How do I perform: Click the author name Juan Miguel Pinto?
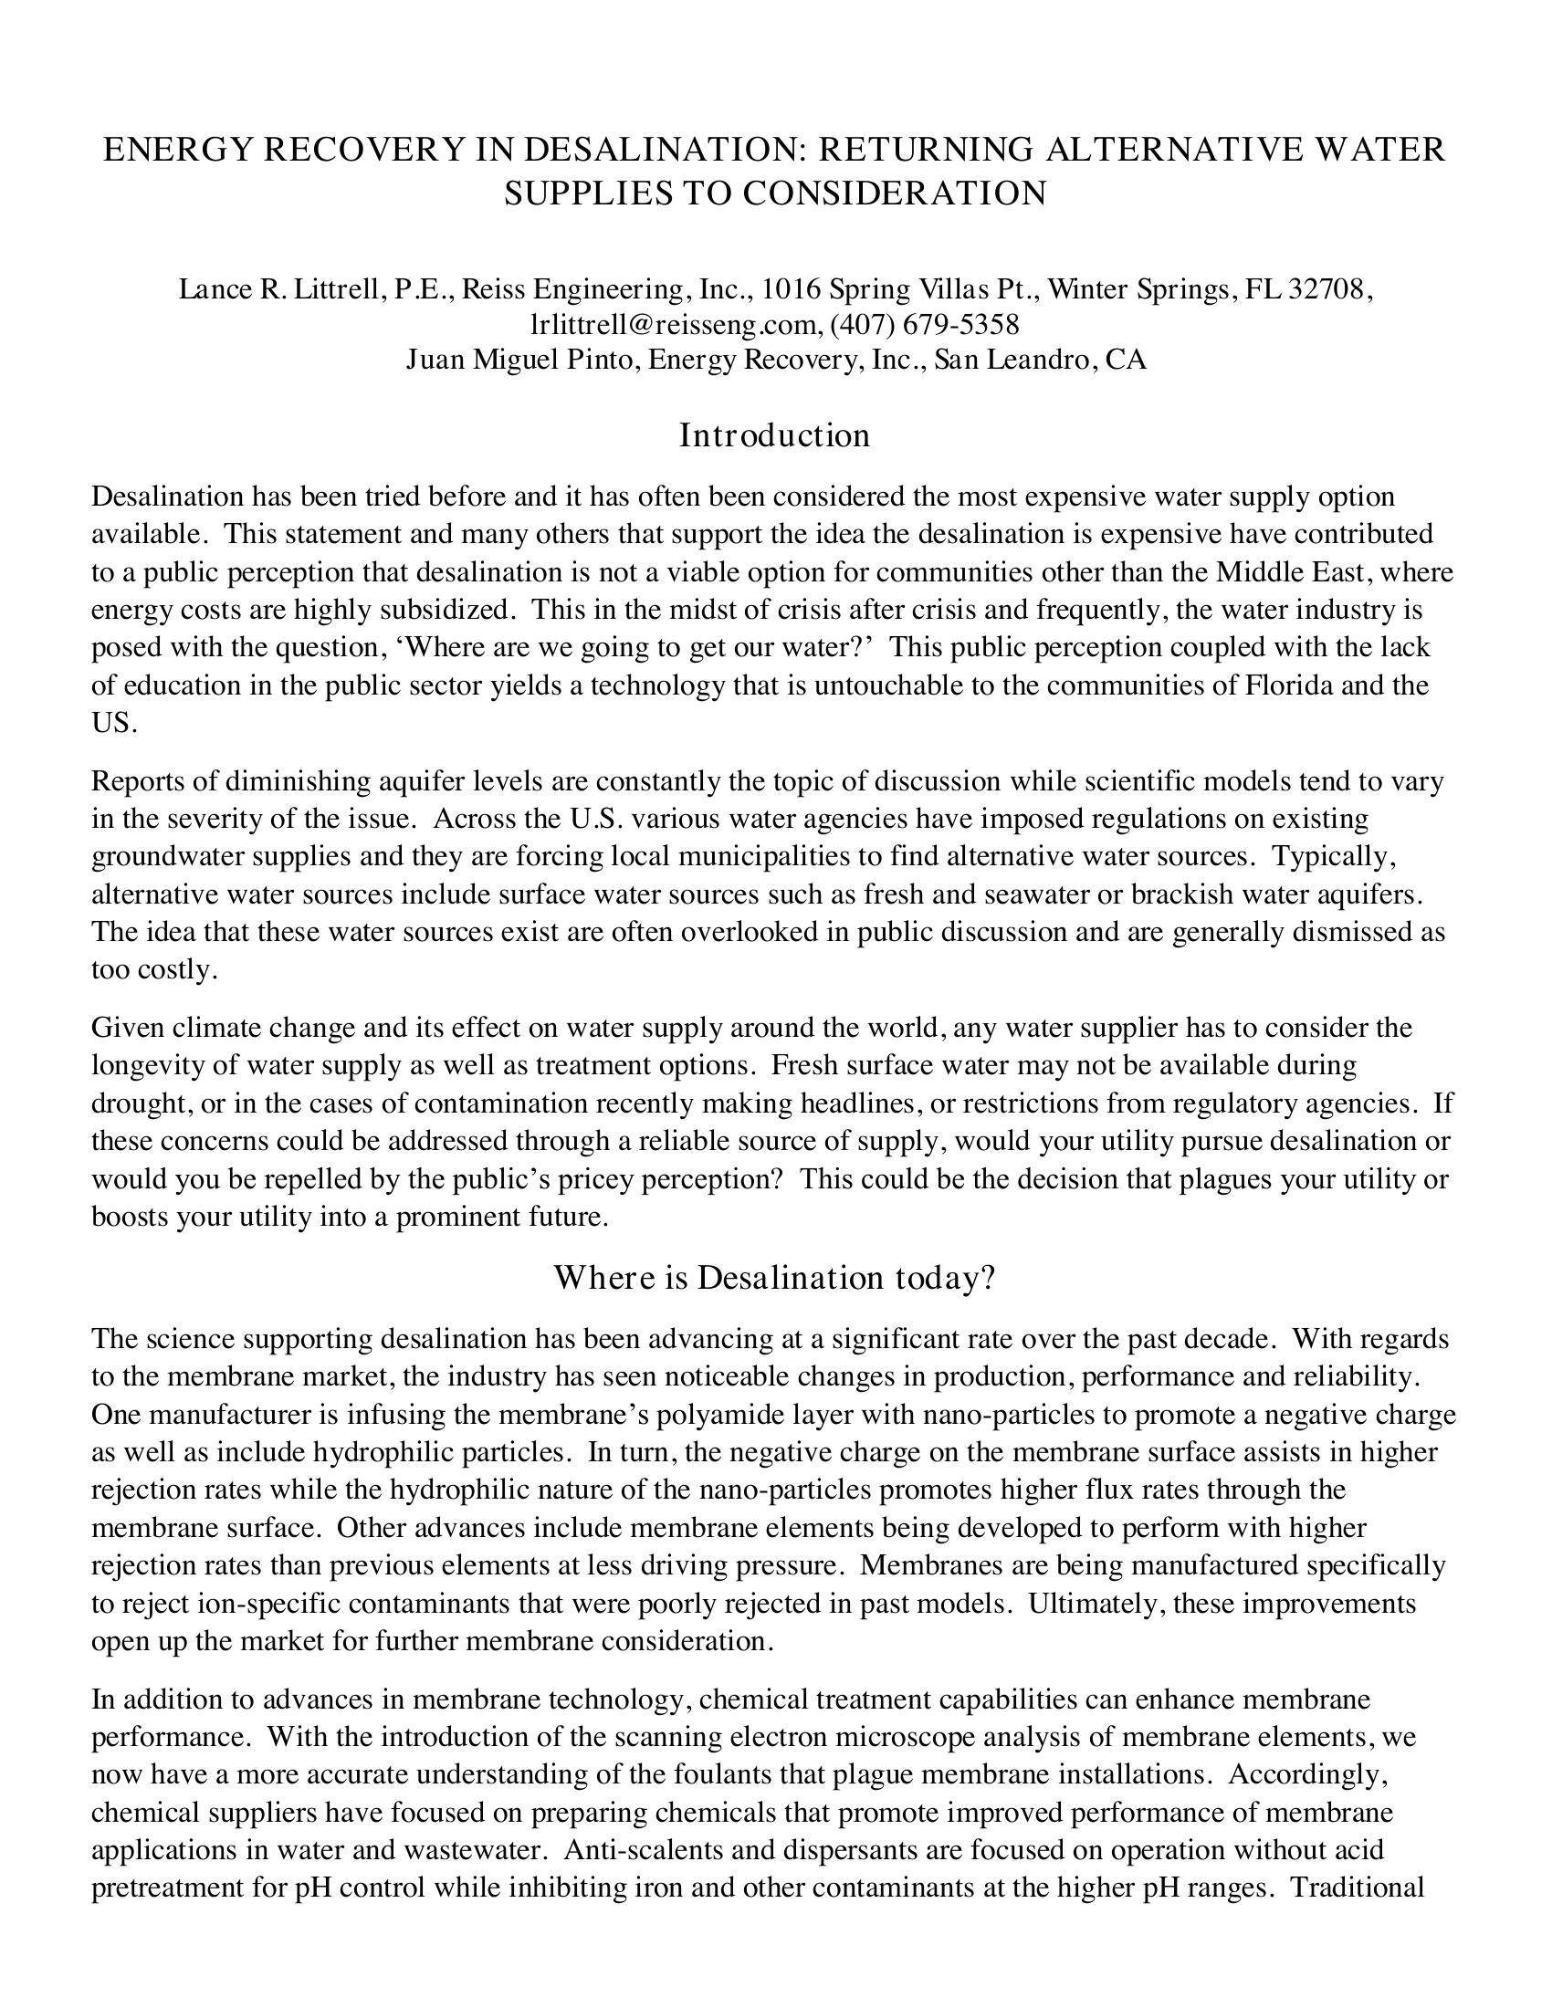click(x=520, y=359)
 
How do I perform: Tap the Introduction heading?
click(x=774, y=434)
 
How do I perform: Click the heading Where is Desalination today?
click(x=774, y=1278)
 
